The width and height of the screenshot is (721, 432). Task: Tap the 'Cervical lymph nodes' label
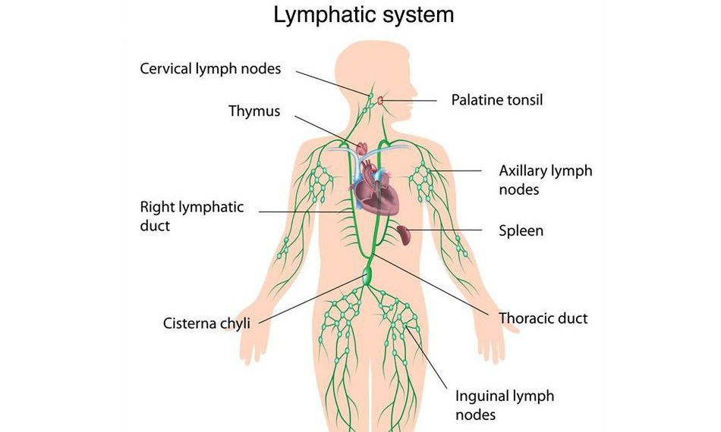(210, 69)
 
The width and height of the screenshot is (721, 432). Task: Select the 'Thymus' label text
(254, 111)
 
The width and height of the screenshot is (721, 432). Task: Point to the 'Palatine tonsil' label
(497, 99)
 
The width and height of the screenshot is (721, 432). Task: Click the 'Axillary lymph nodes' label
(545, 180)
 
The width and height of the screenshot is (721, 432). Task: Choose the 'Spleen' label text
(521, 230)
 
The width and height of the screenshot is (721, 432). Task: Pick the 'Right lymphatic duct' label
(191, 216)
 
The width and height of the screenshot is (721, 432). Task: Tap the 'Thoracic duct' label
(543, 318)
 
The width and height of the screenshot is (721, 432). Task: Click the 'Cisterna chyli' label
(206, 324)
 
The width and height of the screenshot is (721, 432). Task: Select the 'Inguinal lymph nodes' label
(504, 405)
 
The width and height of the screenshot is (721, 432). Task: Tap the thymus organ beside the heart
(362, 146)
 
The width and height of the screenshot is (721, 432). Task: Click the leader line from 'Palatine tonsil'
(414, 99)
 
